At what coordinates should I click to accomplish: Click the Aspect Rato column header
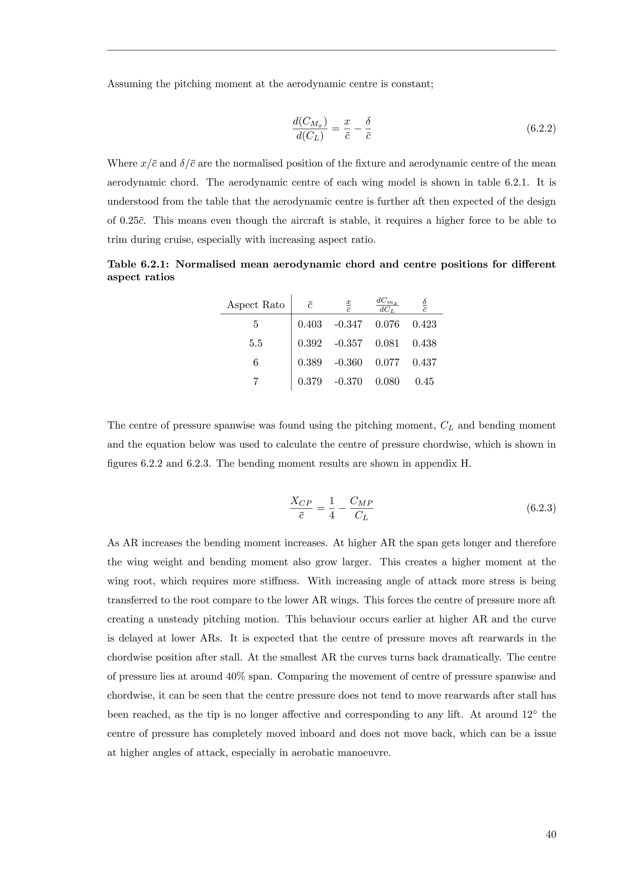(x=256, y=305)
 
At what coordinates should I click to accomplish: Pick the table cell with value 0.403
(x=310, y=324)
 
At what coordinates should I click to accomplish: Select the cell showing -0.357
(x=348, y=343)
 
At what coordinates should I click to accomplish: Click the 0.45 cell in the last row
(x=424, y=382)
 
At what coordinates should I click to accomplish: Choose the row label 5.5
(x=256, y=343)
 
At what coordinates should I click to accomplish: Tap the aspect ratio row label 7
(x=256, y=382)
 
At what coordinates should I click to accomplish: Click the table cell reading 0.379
(x=310, y=382)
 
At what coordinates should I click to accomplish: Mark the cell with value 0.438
(x=424, y=343)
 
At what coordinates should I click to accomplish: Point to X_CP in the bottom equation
(x=301, y=501)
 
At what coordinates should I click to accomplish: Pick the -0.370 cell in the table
(x=348, y=382)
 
